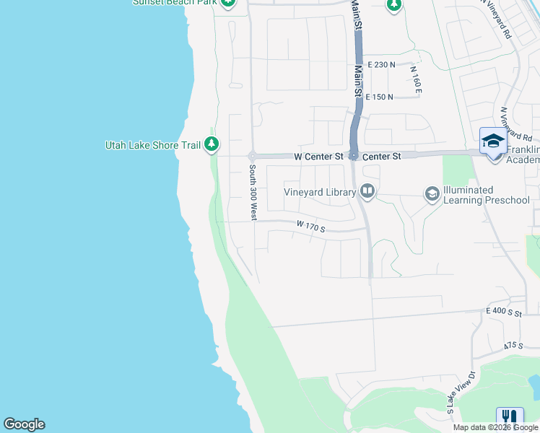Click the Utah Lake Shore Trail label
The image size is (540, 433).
pos(153,145)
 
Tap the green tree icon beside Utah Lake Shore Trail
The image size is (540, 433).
pos(212,145)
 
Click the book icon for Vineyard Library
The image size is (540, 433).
pos(367,191)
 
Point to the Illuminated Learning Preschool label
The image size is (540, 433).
pos(486,195)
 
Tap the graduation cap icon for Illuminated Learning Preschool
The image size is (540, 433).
pos(432,193)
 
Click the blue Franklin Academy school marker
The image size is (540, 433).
pos(493,140)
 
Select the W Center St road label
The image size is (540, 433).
pos(317,156)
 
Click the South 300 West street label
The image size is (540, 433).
pos(253,191)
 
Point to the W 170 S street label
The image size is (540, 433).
pos(311,227)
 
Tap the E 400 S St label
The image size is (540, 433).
pos(503,311)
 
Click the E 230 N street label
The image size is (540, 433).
pos(380,64)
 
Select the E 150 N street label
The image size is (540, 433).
pos(379,97)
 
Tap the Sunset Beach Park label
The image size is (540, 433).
pos(175,2)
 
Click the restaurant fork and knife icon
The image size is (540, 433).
pos(510,419)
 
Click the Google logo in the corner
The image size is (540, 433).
pos(24,424)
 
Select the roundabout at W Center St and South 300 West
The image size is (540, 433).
pos(253,156)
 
